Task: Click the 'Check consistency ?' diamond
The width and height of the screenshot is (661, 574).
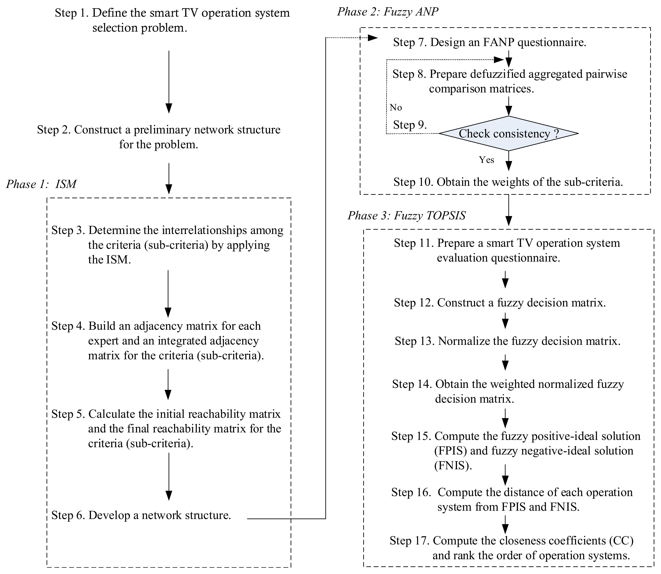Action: (x=509, y=133)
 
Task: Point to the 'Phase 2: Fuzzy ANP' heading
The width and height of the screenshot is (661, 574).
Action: (x=388, y=12)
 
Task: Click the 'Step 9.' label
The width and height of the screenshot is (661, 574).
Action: (x=410, y=125)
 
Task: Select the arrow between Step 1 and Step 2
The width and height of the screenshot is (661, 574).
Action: (x=169, y=82)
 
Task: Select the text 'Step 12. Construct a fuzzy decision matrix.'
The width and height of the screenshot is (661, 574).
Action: (x=500, y=303)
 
